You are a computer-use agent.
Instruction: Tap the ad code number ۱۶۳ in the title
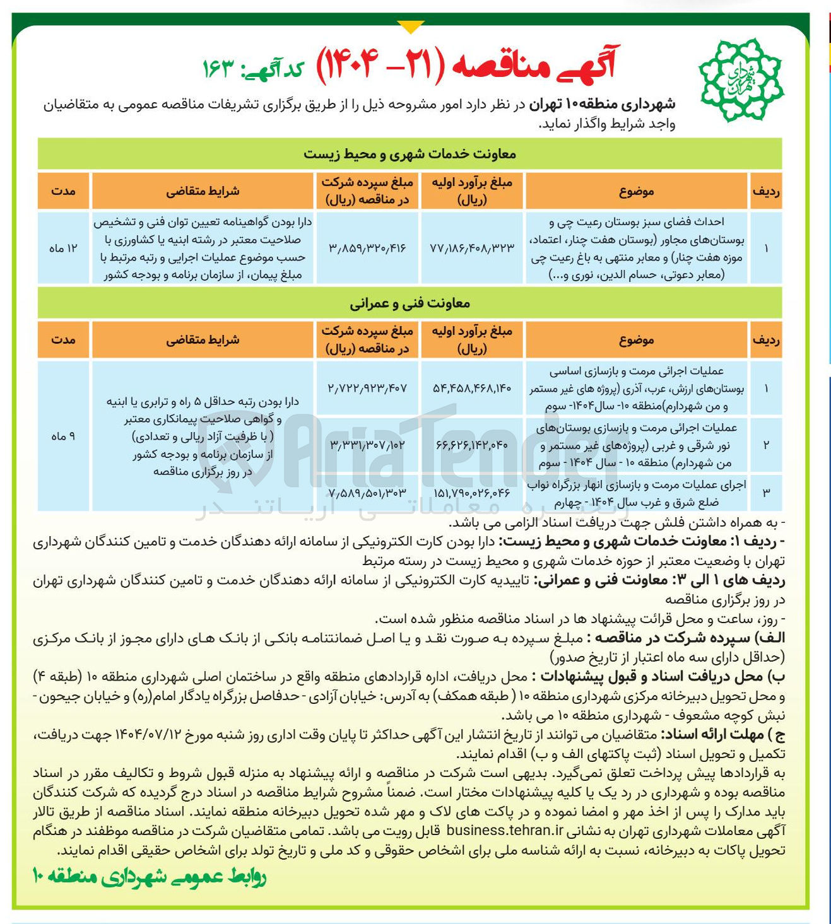pyautogui.click(x=218, y=67)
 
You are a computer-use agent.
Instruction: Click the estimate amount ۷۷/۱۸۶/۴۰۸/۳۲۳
pyautogui.click(x=472, y=248)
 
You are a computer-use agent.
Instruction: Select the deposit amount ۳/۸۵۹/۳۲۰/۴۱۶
pyautogui.click(x=367, y=248)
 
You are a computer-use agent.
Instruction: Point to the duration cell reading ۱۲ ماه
pyautogui.click(x=63, y=248)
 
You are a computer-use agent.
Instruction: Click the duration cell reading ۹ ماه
pyautogui.click(x=63, y=436)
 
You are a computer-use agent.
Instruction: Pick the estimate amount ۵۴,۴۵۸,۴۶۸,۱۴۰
pyautogui.click(x=472, y=388)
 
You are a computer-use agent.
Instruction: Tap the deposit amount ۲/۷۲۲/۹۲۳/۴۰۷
pyautogui.click(x=367, y=388)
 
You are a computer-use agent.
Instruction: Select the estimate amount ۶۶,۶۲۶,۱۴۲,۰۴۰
pyautogui.click(x=472, y=445)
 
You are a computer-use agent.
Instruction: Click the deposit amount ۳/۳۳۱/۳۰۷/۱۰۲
pyautogui.click(x=367, y=445)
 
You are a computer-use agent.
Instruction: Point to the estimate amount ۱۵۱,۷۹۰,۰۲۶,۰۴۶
pyautogui.click(x=472, y=493)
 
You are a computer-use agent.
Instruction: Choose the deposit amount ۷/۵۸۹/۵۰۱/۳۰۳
pyautogui.click(x=367, y=493)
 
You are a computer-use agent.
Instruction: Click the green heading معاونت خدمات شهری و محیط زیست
pyautogui.click(x=410, y=154)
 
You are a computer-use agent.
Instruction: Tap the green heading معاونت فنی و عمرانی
pyautogui.click(x=410, y=303)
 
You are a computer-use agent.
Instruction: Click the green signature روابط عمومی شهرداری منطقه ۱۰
pyautogui.click(x=150, y=877)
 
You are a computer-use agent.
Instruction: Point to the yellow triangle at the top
pyautogui.click(x=411, y=27)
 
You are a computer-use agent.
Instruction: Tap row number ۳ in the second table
pyautogui.click(x=766, y=493)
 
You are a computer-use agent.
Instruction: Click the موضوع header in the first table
pyautogui.click(x=636, y=191)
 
